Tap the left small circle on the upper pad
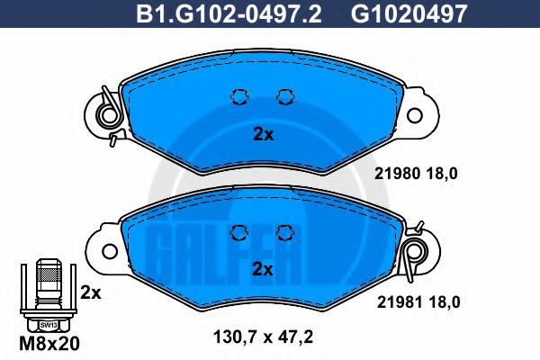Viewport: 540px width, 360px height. point(240,96)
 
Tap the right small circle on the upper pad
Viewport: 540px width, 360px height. point(285,96)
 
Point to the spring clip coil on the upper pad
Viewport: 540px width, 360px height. point(108,115)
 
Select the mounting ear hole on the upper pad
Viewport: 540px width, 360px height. point(415,116)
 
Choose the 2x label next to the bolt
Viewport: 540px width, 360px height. point(91,292)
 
